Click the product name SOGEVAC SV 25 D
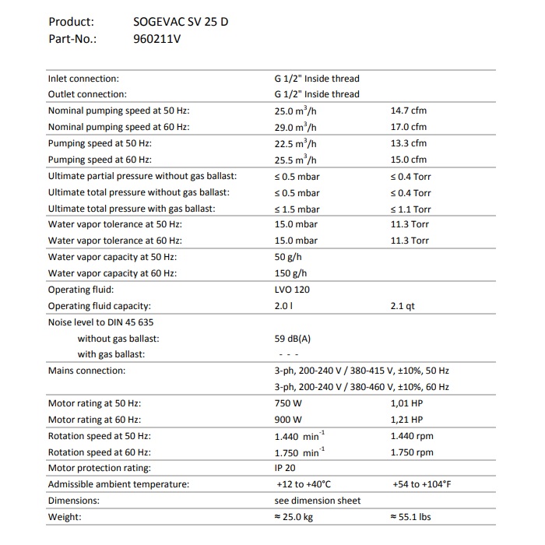tap(181, 22)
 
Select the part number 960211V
tap(157, 39)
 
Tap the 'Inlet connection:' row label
tap(83, 79)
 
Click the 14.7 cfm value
tap(408, 111)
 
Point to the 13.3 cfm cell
tap(408, 143)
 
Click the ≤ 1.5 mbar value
tap(297, 209)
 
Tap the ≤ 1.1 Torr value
tap(410, 209)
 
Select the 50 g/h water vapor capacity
tap(287, 257)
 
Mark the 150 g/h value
tap(290, 273)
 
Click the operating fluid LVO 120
tap(292, 290)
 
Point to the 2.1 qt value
tap(403, 306)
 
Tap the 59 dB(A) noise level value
tap(293, 339)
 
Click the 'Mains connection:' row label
tap(86, 371)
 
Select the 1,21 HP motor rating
tap(406, 420)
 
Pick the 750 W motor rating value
tap(288, 403)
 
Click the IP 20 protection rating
tap(286, 468)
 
